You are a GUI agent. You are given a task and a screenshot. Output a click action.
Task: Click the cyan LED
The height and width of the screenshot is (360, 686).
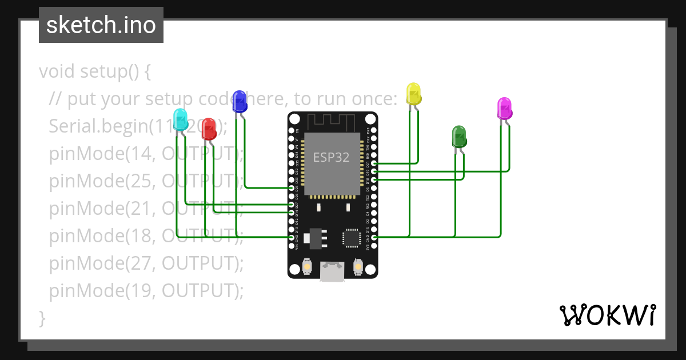[180, 119]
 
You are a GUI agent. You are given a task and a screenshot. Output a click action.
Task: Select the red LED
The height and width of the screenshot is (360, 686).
[209, 129]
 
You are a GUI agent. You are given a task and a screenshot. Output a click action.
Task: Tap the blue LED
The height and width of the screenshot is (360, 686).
[240, 101]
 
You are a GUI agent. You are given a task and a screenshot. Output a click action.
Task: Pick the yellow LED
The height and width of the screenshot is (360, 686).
[413, 94]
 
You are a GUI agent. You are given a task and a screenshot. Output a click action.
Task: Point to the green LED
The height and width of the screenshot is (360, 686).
[459, 137]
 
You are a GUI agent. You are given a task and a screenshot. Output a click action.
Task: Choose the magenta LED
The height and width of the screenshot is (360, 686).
[504, 109]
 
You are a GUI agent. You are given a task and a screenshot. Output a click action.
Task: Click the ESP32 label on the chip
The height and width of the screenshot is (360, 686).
[331, 157]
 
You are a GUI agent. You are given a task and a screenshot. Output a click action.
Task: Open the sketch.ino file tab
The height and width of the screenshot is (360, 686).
[101, 25]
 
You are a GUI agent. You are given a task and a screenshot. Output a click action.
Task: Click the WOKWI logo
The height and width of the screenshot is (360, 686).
[607, 315]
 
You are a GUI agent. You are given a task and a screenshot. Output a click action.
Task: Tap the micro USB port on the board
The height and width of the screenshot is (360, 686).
[332, 271]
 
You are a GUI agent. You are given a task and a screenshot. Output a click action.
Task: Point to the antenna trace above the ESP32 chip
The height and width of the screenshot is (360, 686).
[332, 121]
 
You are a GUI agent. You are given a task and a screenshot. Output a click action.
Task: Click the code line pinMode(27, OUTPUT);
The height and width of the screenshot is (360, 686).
[146, 263]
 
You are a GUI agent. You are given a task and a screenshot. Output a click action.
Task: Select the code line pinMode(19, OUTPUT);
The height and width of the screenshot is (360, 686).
[146, 291]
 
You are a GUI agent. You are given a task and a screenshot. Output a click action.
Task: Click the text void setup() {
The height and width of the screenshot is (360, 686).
[95, 72]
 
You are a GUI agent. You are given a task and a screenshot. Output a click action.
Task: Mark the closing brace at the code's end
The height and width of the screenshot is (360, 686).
[42, 318]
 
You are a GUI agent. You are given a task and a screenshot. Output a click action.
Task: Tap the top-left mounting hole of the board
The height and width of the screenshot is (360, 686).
[294, 119]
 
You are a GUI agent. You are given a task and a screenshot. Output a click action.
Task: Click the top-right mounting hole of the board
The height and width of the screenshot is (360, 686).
[370, 119]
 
